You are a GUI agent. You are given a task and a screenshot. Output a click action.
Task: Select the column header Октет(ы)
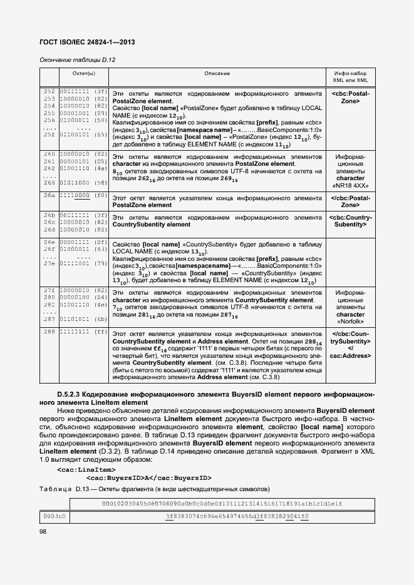tap(83, 74)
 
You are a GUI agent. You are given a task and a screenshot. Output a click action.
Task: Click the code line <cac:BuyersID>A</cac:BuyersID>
tap(148, 477)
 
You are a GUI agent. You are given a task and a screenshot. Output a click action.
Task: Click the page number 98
tap(43, 532)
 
